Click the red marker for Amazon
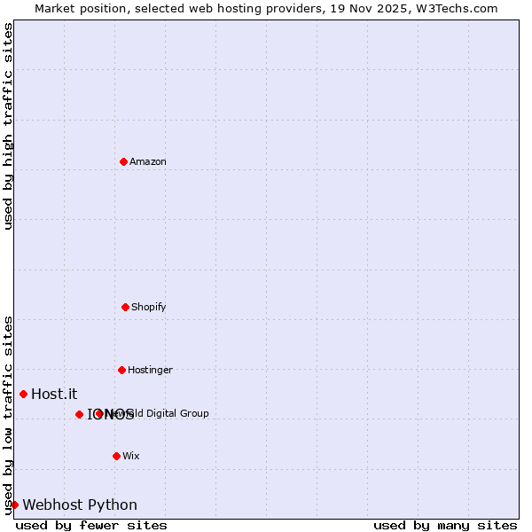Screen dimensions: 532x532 (x=123, y=161)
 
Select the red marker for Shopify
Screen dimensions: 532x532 (x=125, y=307)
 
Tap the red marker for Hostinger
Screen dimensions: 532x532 (x=121, y=370)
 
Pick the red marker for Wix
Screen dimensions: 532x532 (x=116, y=456)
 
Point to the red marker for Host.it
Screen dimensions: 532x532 (x=23, y=394)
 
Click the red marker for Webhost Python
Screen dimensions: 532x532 (x=14, y=505)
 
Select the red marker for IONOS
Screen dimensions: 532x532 (x=79, y=414)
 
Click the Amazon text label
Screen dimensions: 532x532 (x=148, y=161)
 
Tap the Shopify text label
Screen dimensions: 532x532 (x=149, y=307)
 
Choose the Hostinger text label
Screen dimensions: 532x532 (x=150, y=370)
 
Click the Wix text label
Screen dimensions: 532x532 (x=131, y=456)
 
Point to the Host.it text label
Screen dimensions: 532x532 (x=54, y=394)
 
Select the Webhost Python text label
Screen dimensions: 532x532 (x=80, y=505)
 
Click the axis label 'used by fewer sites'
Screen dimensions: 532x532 (x=91, y=525)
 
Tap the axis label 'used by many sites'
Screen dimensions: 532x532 (x=445, y=525)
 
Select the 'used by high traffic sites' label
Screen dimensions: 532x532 (x=9, y=126)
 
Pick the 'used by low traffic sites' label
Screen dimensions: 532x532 (x=9, y=415)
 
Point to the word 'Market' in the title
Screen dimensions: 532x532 (x=56, y=8)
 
